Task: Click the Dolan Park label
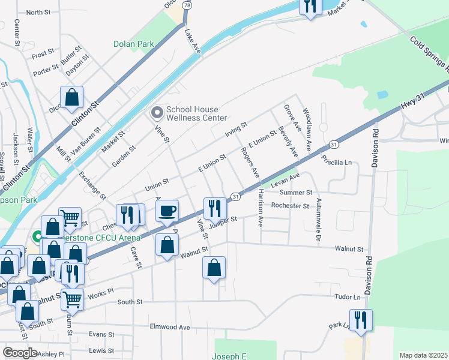pyautogui.click(x=134, y=44)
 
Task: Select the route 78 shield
pyautogui.click(x=188, y=5)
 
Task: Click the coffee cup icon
pyautogui.click(x=167, y=211)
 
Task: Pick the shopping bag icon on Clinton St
pyautogui.click(x=71, y=97)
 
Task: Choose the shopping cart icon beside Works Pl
pyautogui.click(x=72, y=298)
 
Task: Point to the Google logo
pyautogui.click(x=20, y=353)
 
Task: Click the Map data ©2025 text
pyautogui.click(x=423, y=355)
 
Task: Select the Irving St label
pyautogui.click(x=236, y=129)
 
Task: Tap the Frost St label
pyautogui.click(x=43, y=54)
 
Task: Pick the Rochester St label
pyautogui.click(x=289, y=206)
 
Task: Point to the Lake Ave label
pyautogui.click(x=193, y=42)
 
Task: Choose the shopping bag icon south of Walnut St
pyautogui.click(x=214, y=268)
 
